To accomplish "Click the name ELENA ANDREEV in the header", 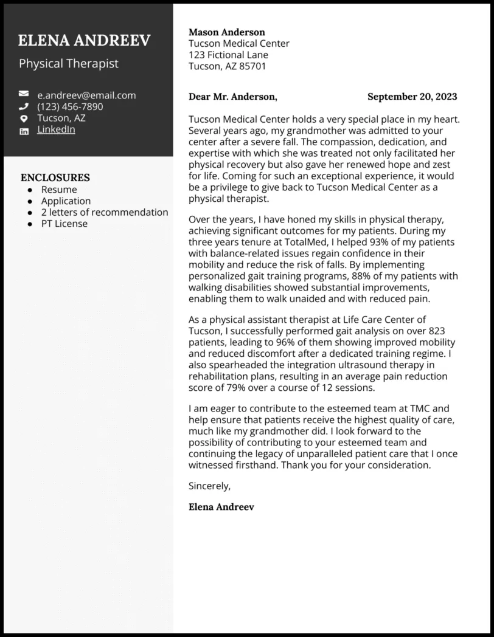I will click(x=84, y=41).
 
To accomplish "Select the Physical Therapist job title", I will click(x=69, y=64).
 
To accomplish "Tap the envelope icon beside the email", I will click(x=24, y=95).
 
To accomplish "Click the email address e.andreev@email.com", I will click(x=86, y=95).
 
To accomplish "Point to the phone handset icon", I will click(x=24, y=106).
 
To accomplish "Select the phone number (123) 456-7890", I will click(x=70, y=107).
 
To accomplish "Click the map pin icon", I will click(x=24, y=119).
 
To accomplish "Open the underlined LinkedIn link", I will click(x=56, y=129).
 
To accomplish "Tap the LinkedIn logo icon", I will click(x=24, y=131).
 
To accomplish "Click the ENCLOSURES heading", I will click(x=55, y=177).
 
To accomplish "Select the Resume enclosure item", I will click(x=59, y=190).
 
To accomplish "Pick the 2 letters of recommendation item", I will click(x=105, y=212).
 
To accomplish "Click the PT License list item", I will click(x=64, y=224).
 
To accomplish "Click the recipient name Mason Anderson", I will click(x=227, y=32).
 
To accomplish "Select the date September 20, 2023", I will click(x=412, y=97).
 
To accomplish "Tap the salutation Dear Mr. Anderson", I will click(x=232, y=97).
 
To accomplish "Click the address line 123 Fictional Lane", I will click(x=228, y=55).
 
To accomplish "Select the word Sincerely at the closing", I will click(x=209, y=486).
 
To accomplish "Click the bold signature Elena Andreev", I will click(x=221, y=507).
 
